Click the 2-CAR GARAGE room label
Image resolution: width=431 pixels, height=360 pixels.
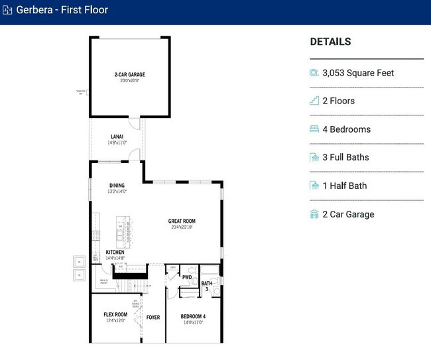[129, 75]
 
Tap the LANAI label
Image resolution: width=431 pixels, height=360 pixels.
[117, 137]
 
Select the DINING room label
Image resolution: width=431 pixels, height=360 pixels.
[117, 186]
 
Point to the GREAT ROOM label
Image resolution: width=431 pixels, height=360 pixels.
[182, 221]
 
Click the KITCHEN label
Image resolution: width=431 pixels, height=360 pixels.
[115, 253]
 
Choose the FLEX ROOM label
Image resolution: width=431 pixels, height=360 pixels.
[115, 314]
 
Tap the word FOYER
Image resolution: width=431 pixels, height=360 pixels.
[153, 318]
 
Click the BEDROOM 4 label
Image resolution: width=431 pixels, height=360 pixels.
[193, 317]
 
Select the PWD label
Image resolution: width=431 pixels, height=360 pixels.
[187, 278]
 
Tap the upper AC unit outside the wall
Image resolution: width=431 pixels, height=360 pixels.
[78, 260]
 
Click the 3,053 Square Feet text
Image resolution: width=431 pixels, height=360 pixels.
[358, 73]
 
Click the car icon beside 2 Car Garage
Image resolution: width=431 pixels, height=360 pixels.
[314, 214]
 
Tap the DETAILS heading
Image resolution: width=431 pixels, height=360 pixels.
[330, 42]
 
